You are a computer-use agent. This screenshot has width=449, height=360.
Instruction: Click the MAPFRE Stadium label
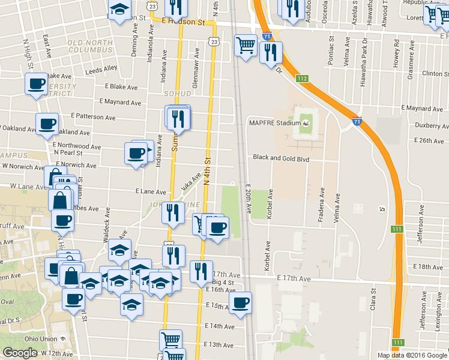pyautogui.click(x=274, y=123)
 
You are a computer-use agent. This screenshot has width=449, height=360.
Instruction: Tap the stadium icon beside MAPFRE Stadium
pyautogui.click(x=307, y=123)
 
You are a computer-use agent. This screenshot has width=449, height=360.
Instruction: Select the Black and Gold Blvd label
pyautogui.click(x=281, y=158)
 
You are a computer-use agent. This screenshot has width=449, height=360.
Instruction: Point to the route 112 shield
pyautogui.click(x=301, y=79)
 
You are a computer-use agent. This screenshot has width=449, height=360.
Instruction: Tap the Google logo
pyautogui.click(x=20, y=353)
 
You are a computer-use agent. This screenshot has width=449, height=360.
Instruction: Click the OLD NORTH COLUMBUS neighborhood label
pyautogui.click(x=90, y=47)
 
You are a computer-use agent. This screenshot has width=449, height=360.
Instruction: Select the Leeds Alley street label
pyautogui.click(x=101, y=69)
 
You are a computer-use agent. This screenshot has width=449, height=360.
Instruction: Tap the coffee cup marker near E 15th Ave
pyautogui.click(x=240, y=303)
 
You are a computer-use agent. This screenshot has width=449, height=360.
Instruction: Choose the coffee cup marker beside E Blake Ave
pyautogui.click(x=36, y=83)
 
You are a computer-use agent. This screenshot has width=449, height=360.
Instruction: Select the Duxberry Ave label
pyautogui.click(x=432, y=126)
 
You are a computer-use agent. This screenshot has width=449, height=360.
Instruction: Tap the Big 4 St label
pyautogui.click(x=221, y=281)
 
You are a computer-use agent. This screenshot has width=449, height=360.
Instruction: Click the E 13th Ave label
pyautogui.click(x=218, y=345)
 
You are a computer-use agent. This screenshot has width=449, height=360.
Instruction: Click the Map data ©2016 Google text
pyautogui.click(x=412, y=355)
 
